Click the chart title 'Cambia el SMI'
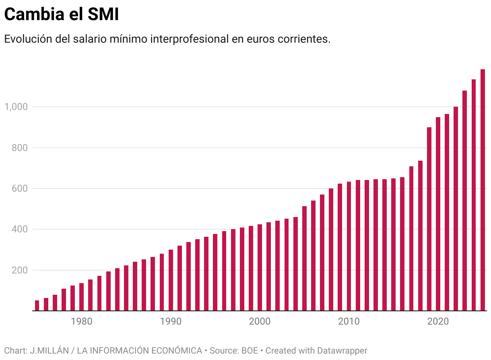click(x=62, y=14)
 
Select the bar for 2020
click(x=438, y=214)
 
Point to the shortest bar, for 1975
click(x=37, y=306)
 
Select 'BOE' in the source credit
click(x=249, y=350)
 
